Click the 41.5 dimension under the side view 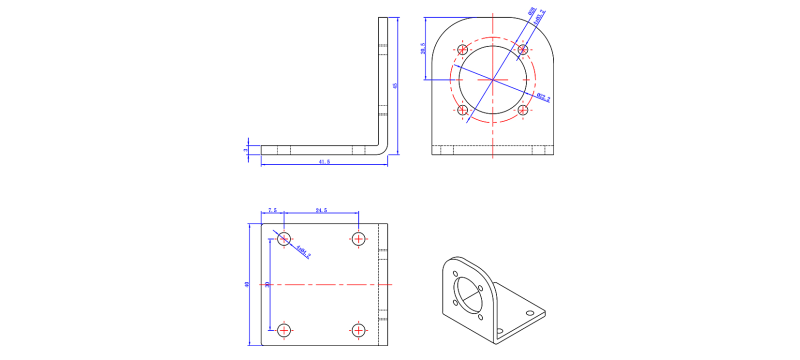(323, 161)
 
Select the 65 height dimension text (395, 86)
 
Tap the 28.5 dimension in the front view (424, 48)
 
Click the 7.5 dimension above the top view (272, 211)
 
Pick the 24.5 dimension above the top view (321, 211)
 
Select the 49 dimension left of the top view (247, 284)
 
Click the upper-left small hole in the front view (463, 49)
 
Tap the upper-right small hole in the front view (522, 49)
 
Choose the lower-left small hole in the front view (463, 110)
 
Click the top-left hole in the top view (284, 238)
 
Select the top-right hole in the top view (358, 238)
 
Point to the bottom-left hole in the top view (284, 329)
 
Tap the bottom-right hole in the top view (358, 329)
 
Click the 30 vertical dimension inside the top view (267, 284)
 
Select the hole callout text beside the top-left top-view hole (304, 252)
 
